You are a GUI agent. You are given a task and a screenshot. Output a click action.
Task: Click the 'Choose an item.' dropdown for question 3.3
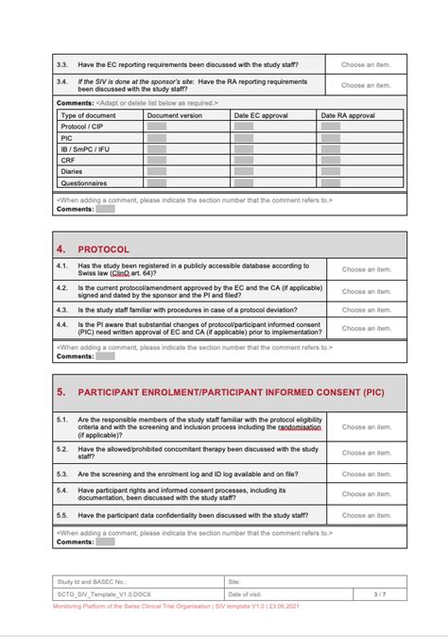pyautogui.click(x=366, y=64)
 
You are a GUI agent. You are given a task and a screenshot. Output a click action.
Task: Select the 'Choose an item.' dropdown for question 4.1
pyautogui.click(x=366, y=269)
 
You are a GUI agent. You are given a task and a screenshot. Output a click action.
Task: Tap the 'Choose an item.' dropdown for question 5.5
pyautogui.click(x=366, y=515)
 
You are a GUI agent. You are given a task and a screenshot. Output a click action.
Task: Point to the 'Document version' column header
pyautogui.click(x=174, y=114)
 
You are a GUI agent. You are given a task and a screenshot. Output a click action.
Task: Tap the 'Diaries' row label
pyautogui.click(x=72, y=171)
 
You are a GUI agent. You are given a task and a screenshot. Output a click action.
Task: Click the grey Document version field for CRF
pyautogui.click(x=157, y=160)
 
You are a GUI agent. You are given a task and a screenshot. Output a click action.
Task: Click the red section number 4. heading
pyautogui.click(x=60, y=249)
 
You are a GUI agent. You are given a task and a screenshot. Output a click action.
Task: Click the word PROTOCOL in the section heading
pyautogui.click(x=103, y=249)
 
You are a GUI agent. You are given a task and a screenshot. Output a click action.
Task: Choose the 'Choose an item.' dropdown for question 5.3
pyautogui.click(x=366, y=473)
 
